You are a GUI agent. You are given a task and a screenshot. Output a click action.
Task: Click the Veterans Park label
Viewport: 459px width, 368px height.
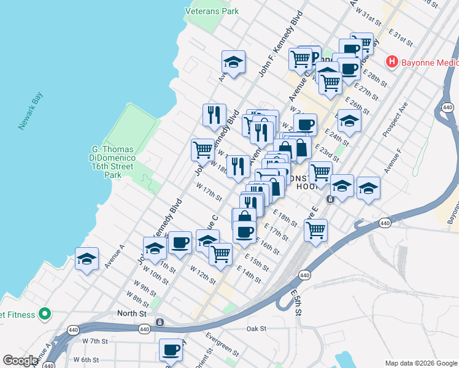coord(212,11)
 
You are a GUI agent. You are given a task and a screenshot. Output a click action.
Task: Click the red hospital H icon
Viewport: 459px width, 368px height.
coord(391,62)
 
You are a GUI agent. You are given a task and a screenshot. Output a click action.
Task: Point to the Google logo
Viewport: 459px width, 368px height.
coord(20,361)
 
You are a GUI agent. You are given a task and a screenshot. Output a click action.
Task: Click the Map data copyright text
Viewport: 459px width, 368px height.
coord(421,363)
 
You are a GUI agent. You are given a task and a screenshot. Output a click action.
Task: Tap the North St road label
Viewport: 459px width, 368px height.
coord(132,313)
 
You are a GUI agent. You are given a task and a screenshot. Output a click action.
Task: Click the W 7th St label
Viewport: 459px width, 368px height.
coord(94,341)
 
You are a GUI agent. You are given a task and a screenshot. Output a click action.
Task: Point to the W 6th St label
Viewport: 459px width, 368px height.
coord(86,359)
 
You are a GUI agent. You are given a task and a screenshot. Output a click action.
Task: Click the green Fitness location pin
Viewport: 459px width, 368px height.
coord(44,314)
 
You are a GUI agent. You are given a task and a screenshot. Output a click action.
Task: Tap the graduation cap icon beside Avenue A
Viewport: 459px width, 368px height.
coord(87,259)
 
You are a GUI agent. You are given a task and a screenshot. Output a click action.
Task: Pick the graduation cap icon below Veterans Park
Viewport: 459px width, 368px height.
coord(233,61)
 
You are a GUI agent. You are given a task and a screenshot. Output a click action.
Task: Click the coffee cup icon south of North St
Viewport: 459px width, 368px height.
coord(171,350)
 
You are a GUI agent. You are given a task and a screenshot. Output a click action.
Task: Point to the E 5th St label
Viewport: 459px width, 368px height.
coord(297,304)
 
